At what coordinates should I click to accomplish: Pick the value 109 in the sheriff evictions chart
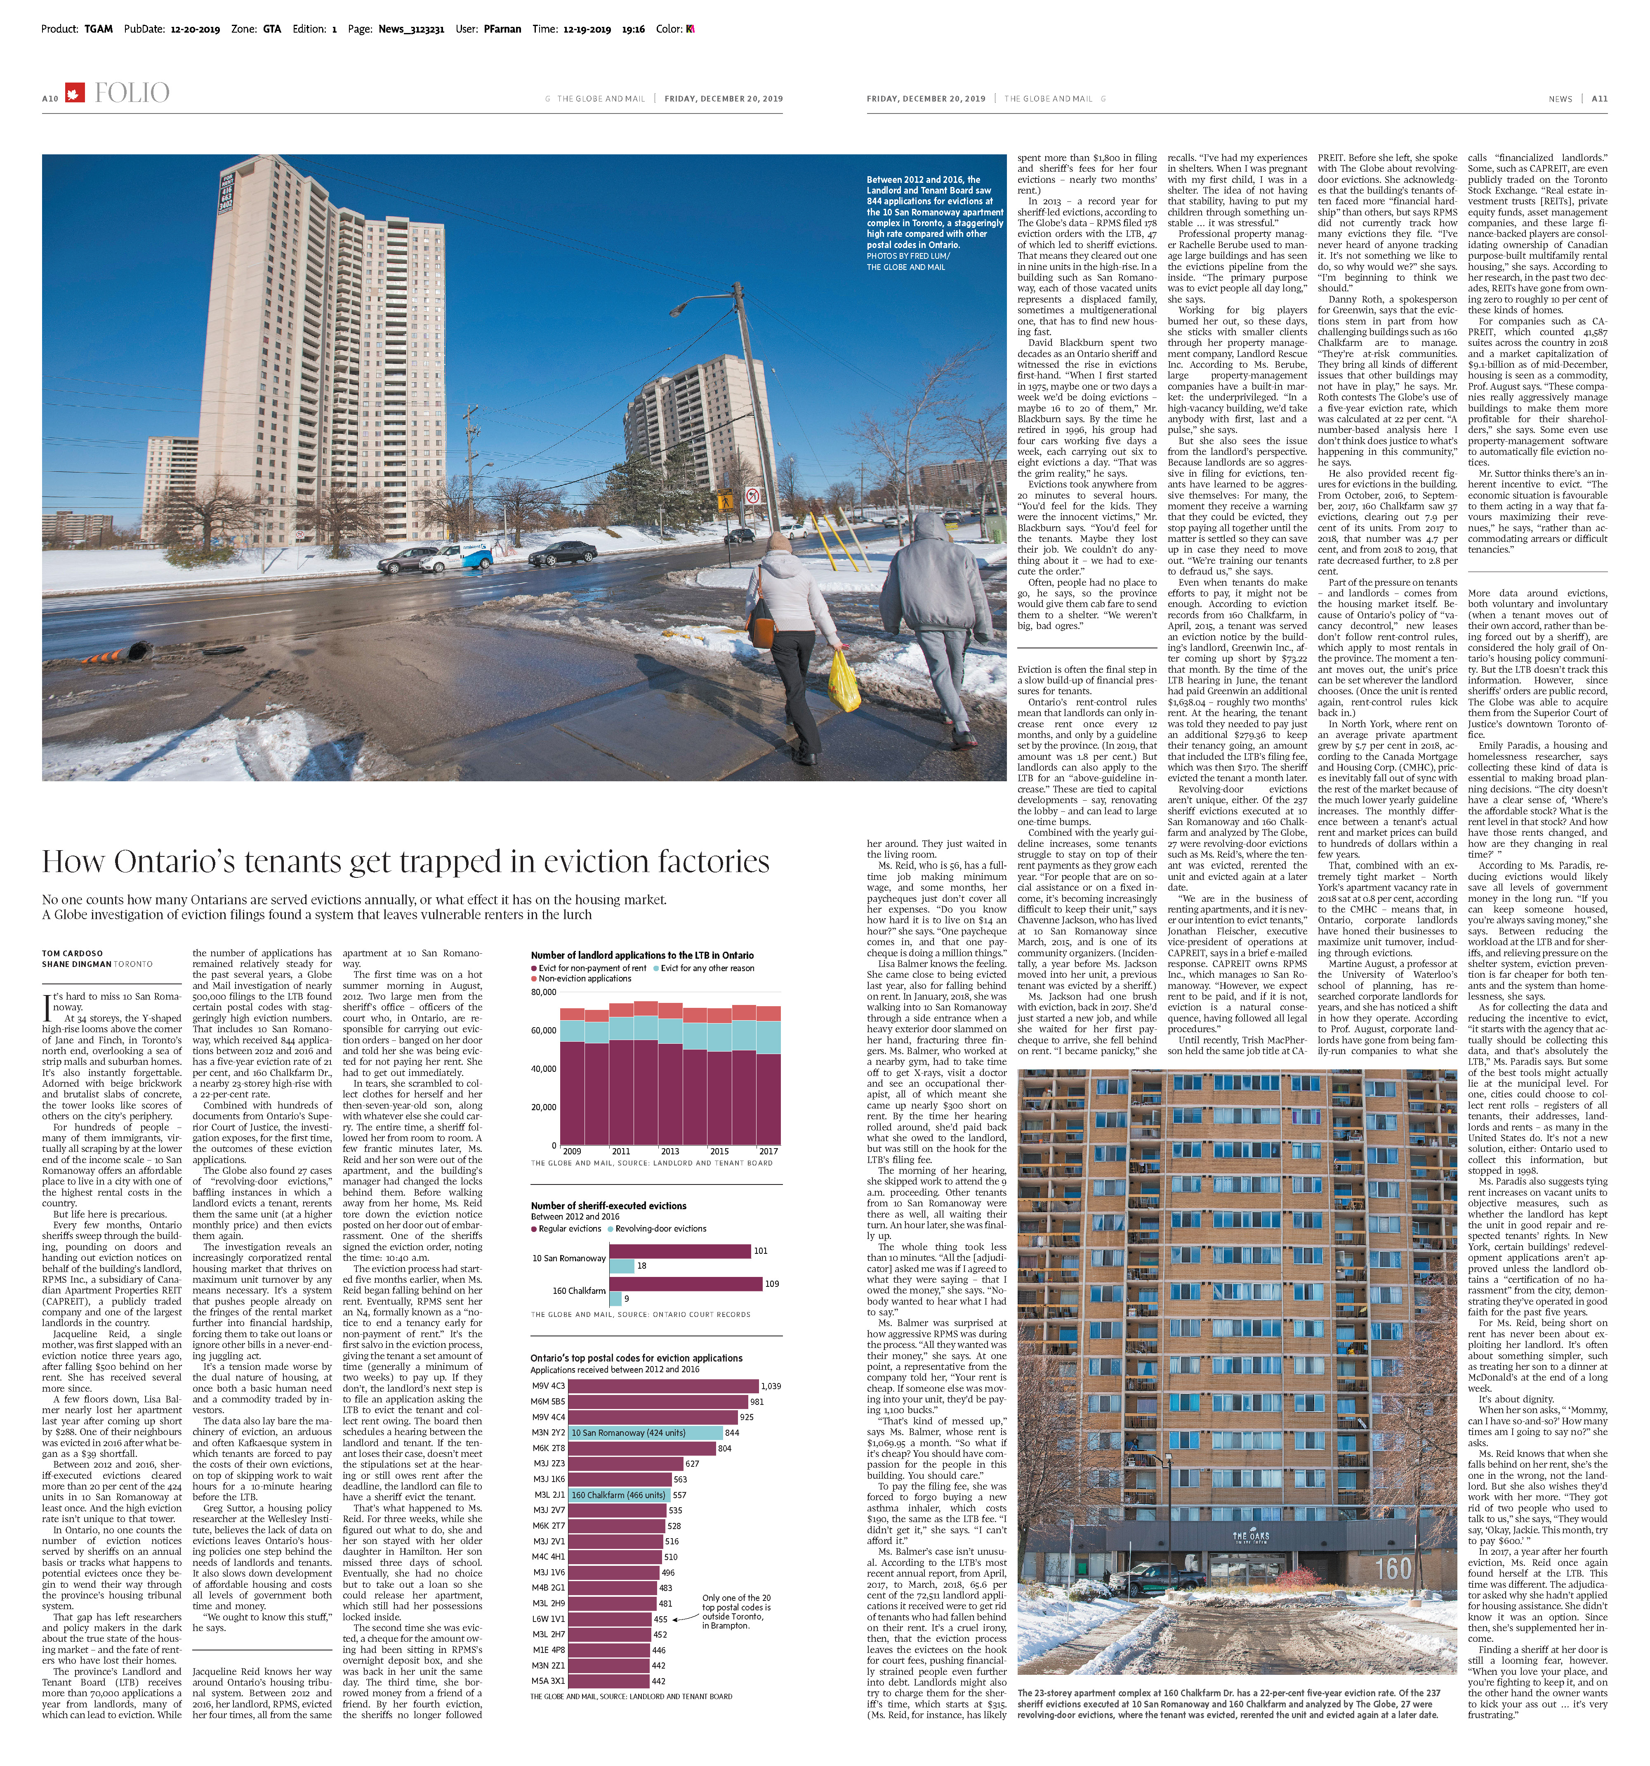point(772,1284)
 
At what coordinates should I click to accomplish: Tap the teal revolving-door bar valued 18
point(622,1266)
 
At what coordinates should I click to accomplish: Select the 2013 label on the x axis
point(669,1151)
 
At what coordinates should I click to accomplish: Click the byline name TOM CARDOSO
point(72,953)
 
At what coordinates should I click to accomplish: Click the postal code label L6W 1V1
point(548,1619)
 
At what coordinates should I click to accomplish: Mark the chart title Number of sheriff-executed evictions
point(608,1206)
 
